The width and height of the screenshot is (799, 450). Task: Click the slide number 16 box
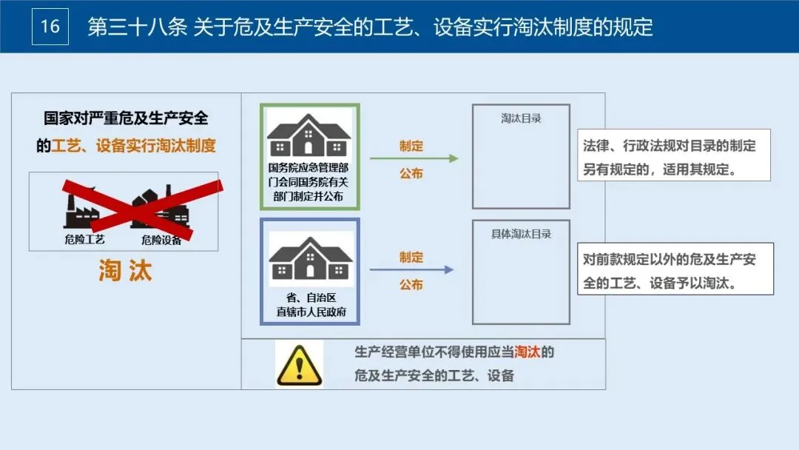(50, 27)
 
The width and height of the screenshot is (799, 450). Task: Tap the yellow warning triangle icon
(299, 364)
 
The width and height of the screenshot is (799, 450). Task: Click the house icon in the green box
(309, 136)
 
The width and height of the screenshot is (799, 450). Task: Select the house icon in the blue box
(310, 258)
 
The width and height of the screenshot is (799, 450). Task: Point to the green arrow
(414, 158)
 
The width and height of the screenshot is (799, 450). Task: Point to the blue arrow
(411, 270)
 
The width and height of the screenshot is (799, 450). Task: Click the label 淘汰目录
(521, 118)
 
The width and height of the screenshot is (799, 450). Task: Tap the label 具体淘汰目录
(521, 234)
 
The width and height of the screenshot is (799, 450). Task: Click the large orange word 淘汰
(126, 271)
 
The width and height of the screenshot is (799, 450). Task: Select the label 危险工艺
(85, 239)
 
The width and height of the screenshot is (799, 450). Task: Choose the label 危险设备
(161, 239)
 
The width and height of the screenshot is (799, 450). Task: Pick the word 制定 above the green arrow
(411, 146)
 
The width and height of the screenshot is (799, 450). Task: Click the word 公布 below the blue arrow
(411, 284)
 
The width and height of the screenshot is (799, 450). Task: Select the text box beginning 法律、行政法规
(673, 155)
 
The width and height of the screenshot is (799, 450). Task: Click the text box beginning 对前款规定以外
(675, 269)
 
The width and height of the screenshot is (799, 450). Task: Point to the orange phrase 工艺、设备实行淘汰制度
(134, 145)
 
